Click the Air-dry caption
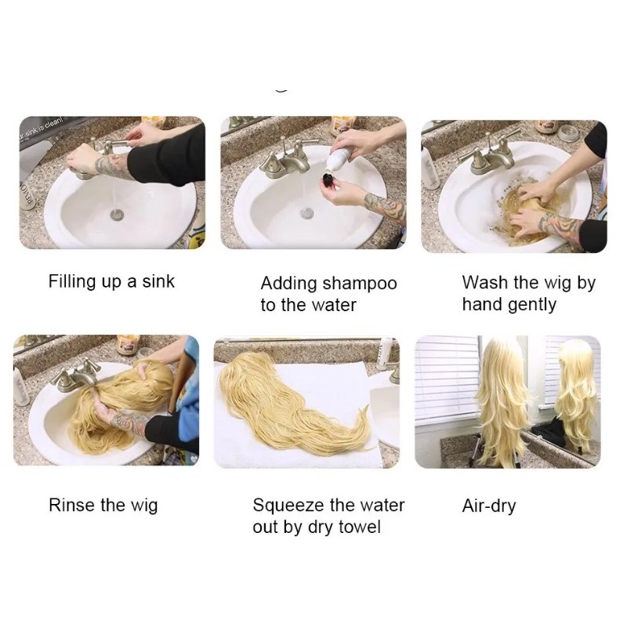click(488, 506)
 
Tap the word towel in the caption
click(359, 527)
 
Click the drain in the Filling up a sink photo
click(117, 214)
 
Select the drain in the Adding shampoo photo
click(307, 212)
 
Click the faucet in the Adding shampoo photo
click(286, 159)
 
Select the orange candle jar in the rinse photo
click(128, 344)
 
